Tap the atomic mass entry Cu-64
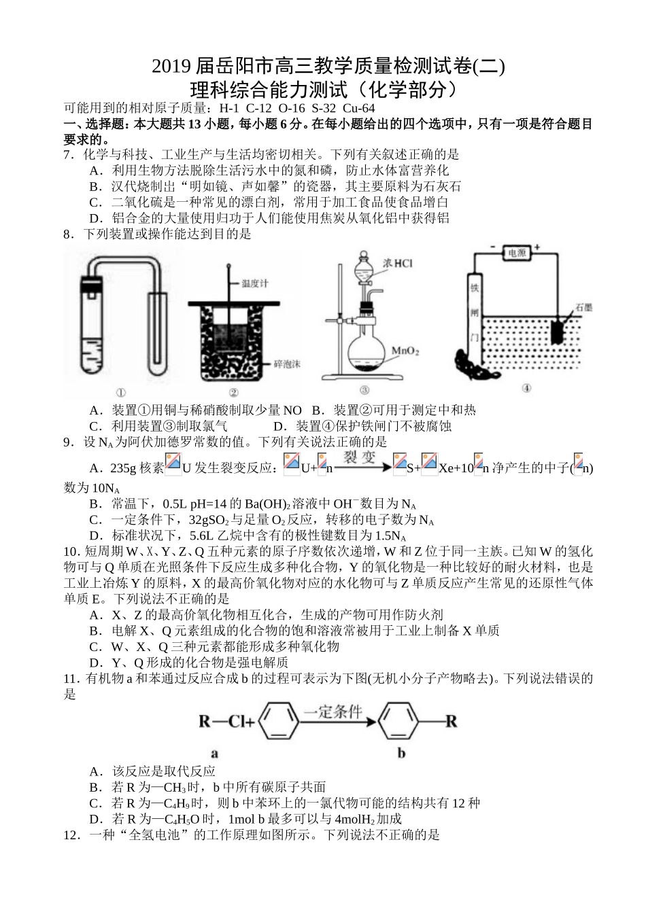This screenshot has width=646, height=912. click(x=358, y=107)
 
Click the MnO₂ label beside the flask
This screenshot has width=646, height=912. click(x=405, y=351)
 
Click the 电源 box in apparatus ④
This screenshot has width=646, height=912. click(x=517, y=253)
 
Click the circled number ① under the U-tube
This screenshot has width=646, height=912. click(x=121, y=391)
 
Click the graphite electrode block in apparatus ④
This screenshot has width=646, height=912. click(x=559, y=331)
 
